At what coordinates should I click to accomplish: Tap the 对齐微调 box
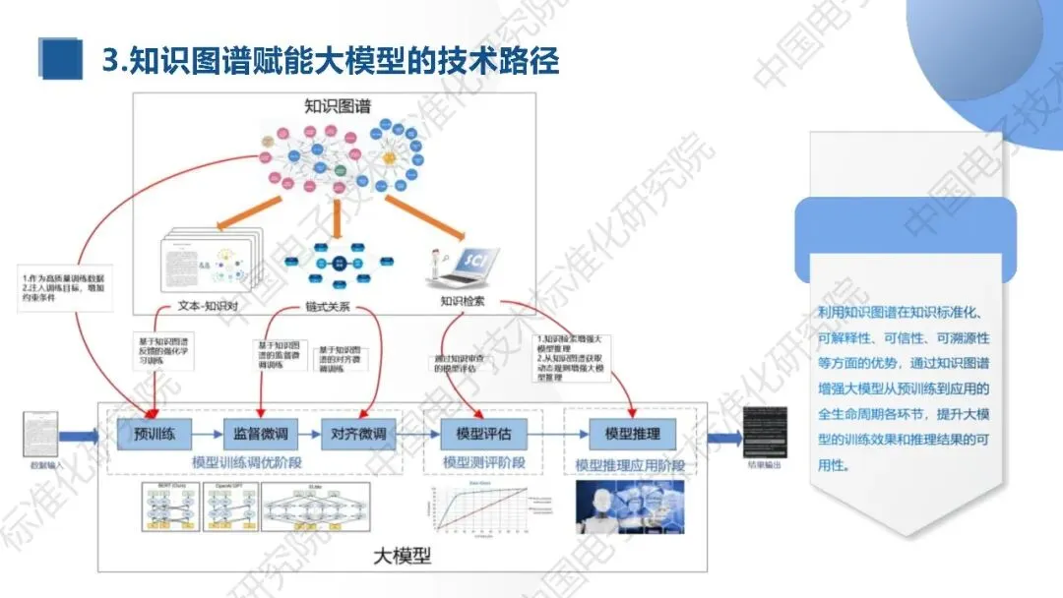[x=358, y=433]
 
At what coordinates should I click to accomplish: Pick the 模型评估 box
[x=483, y=433]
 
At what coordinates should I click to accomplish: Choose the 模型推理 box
[x=625, y=433]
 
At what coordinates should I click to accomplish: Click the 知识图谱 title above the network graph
[x=337, y=107]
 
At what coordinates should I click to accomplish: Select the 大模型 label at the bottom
[x=403, y=555]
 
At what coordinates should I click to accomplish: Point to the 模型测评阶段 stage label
[x=483, y=462]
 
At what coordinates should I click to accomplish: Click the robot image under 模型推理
[x=630, y=507]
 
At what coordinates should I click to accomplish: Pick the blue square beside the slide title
[x=61, y=60]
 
